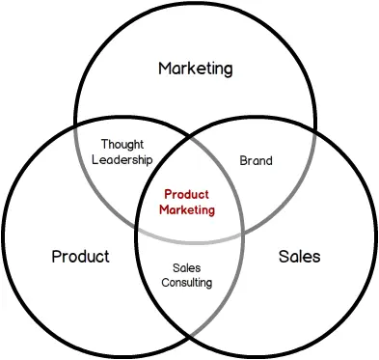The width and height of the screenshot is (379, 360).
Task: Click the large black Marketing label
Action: coord(196,69)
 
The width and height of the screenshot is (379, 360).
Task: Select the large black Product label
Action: coord(80,257)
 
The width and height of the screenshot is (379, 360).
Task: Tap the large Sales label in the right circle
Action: coord(299,257)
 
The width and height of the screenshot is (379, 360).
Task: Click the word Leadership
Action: coord(122,159)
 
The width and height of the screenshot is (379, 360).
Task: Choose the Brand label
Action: coord(257,161)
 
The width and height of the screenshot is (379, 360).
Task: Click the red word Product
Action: coord(187,194)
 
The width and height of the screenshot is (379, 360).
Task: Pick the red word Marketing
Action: coord(187,208)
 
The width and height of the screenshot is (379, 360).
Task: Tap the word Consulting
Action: coord(186,282)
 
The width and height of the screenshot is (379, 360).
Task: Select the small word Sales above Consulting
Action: coord(186,267)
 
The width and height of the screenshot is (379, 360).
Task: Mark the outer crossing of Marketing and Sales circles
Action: coord(314,125)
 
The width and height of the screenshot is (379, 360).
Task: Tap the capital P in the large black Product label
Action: coord(56,257)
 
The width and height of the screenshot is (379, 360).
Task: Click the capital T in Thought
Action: coord(104,145)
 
